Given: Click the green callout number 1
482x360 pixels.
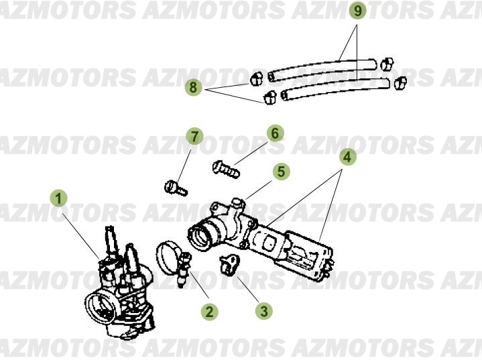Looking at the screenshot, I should point(60,198).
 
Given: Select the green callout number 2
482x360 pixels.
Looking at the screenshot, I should point(209,311).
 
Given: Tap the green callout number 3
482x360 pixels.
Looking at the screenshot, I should point(263,311).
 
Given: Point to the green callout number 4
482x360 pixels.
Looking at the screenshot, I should point(347,157).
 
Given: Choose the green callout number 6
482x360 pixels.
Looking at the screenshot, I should point(274,133).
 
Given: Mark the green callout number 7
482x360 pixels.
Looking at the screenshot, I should point(194,137).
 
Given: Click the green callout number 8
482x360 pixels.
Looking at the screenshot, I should point(194,87).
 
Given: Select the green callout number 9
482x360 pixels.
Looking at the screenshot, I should point(358,11).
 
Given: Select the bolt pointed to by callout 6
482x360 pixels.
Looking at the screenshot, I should point(225,168).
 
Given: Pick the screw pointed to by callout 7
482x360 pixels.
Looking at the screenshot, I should point(176,186).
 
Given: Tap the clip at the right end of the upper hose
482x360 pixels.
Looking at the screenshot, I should point(386,65).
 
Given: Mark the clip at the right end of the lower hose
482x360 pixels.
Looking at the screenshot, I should point(400,83).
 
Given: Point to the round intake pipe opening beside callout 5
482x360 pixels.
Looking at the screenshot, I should point(200,234).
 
